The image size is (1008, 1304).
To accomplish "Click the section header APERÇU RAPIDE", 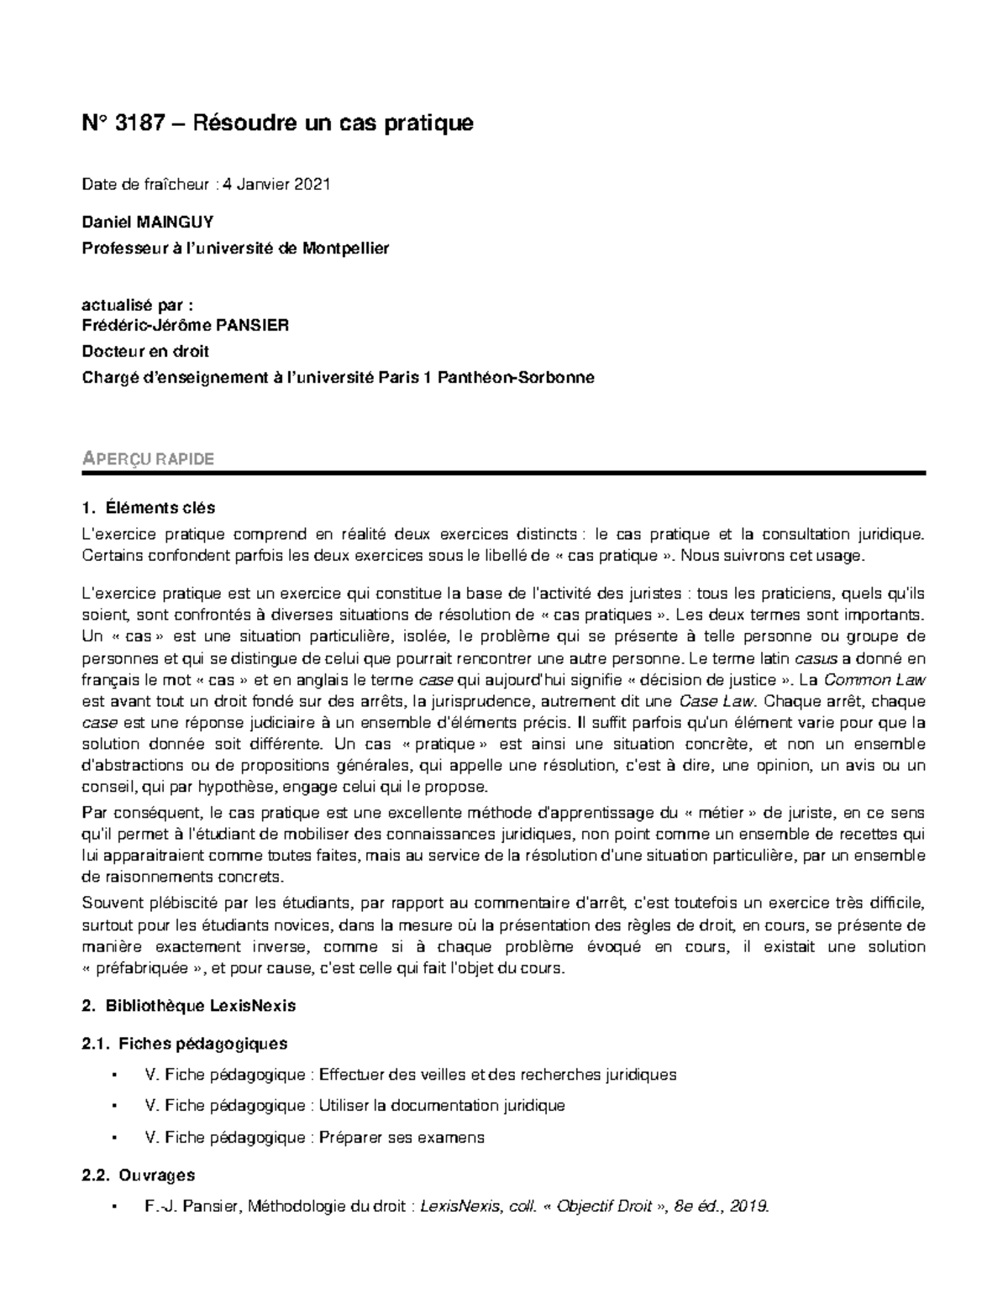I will tap(148, 458).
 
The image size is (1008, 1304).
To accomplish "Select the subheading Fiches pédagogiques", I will tap(203, 1044).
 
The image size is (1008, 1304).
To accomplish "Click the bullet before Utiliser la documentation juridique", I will tap(113, 1106).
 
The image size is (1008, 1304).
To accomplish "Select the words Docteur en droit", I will tap(145, 351).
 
